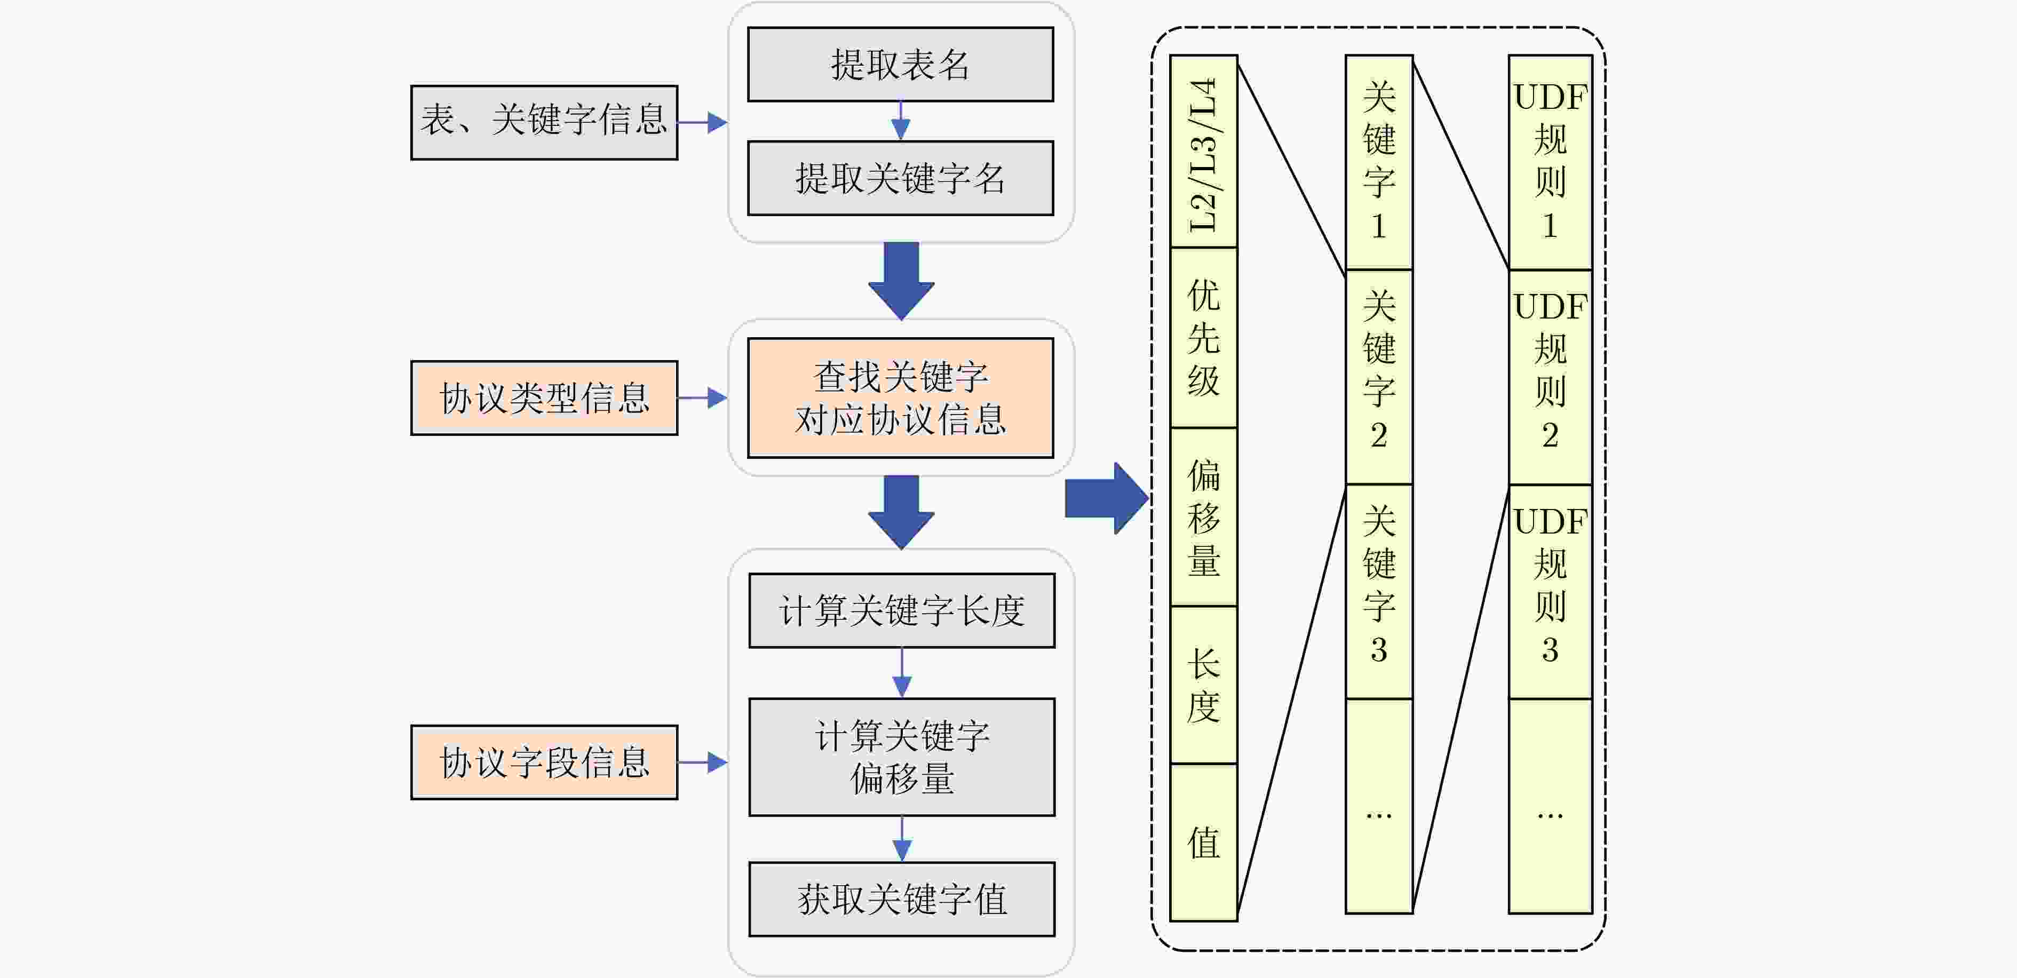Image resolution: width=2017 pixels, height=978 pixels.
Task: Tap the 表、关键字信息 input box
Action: pyautogui.click(x=544, y=122)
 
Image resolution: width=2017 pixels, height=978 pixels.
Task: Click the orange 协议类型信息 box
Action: pyautogui.click(x=544, y=398)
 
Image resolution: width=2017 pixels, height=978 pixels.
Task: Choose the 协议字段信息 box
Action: pyautogui.click(x=544, y=762)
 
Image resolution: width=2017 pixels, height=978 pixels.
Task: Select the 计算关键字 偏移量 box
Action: pyautogui.click(x=901, y=757)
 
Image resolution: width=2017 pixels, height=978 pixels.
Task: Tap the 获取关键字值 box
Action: pyautogui.click(x=901, y=899)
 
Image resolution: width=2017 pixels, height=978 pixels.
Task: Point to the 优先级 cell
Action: pyautogui.click(x=1203, y=338)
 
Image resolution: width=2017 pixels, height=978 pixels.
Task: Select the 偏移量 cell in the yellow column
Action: pyautogui.click(x=1203, y=517)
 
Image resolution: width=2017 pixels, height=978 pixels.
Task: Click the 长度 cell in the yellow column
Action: pyautogui.click(x=1203, y=685)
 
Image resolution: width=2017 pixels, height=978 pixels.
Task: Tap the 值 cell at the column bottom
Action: pyautogui.click(x=1203, y=842)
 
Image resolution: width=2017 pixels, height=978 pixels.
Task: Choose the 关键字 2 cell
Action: pyautogui.click(x=1379, y=377)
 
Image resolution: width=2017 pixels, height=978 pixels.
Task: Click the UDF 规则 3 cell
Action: pyautogui.click(x=1550, y=592)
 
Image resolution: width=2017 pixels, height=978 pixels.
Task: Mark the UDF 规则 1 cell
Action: pyautogui.click(x=1550, y=162)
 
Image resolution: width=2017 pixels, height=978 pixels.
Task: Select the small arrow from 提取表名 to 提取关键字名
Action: pyautogui.click(x=901, y=121)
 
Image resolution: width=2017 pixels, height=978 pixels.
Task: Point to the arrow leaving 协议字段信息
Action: pyautogui.click(x=702, y=762)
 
